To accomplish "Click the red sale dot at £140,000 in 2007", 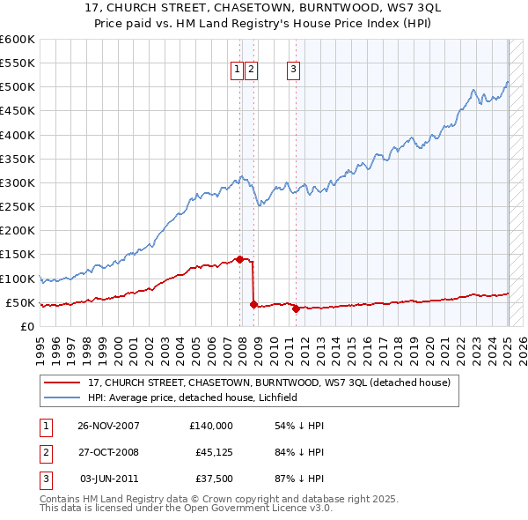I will coord(239,259).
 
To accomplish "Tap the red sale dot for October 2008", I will coord(253,305).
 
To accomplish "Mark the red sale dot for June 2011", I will coord(296,308).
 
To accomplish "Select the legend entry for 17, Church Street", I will coord(269,383).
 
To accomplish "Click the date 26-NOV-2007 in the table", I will coord(108,426).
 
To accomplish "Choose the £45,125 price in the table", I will coord(214,453).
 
